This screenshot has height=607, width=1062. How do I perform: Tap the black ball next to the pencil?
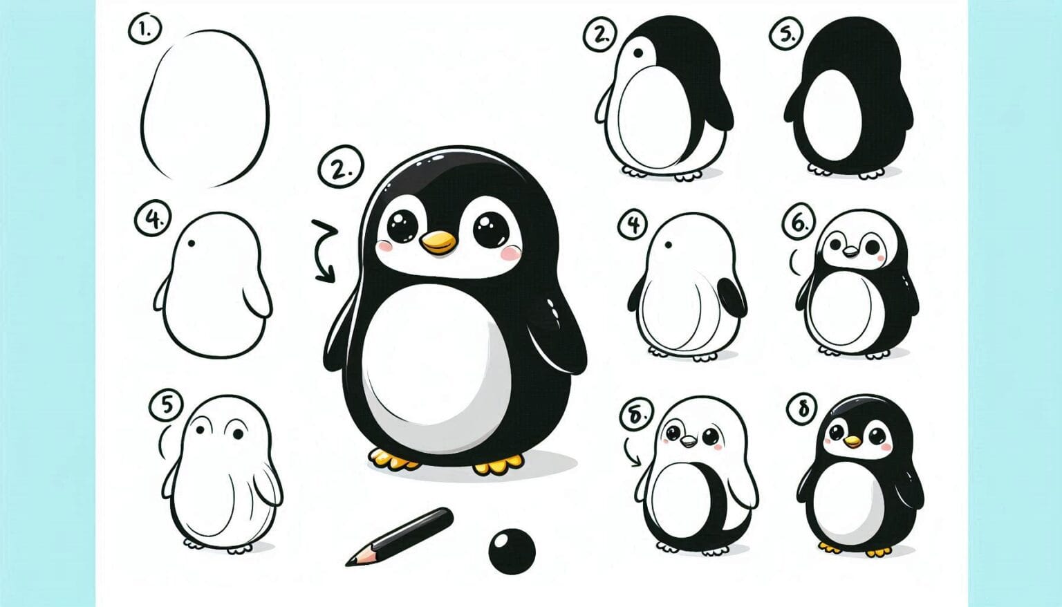click(x=512, y=551)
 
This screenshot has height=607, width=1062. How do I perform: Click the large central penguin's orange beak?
click(x=438, y=243)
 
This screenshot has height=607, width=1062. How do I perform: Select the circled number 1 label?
click(x=144, y=30)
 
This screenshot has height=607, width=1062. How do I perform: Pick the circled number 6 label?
click(x=799, y=223)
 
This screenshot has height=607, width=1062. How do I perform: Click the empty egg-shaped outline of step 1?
click(x=205, y=109)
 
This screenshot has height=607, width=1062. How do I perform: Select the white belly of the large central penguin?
click(x=432, y=363)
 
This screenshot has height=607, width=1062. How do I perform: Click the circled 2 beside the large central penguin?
click(x=340, y=168)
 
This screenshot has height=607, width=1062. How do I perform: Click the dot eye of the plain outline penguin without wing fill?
click(x=191, y=244)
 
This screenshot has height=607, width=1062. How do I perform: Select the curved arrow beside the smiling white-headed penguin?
click(x=632, y=452)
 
